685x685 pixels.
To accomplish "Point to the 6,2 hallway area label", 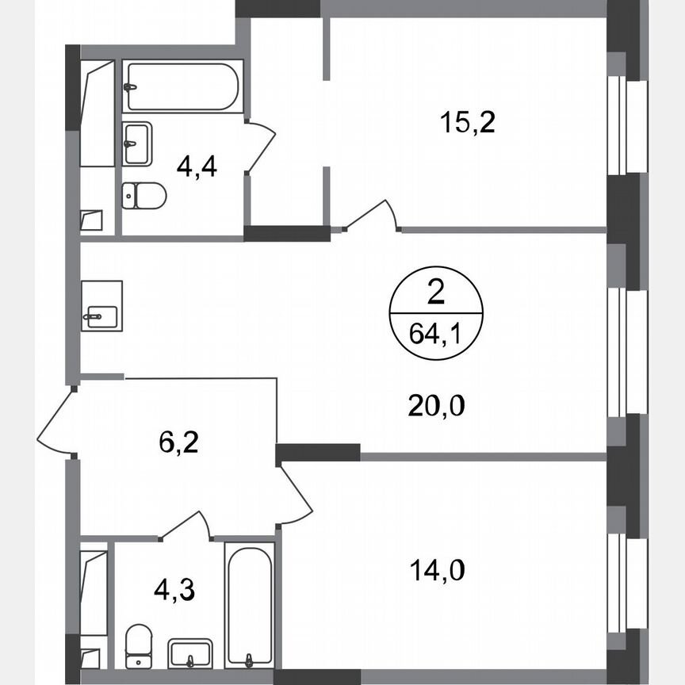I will [x=178, y=441].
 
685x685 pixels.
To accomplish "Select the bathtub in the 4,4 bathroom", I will [x=180, y=86].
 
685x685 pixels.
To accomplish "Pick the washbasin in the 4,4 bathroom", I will [x=137, y=144].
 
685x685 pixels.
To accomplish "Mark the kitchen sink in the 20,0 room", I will [x=101, y=306].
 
